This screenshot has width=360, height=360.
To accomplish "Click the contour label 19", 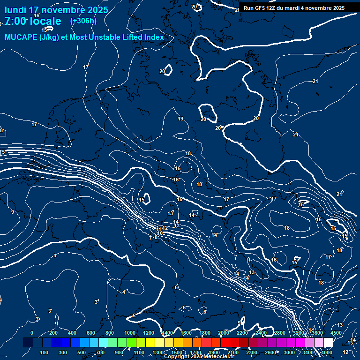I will [180, 119].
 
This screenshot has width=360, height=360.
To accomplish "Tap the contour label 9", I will [13, 212].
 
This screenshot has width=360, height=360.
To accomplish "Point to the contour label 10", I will [160, 233].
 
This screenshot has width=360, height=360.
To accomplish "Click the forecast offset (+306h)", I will [83, 21].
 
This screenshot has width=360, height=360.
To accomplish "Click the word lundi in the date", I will [15, 10].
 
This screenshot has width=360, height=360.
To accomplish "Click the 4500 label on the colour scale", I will [336, 333].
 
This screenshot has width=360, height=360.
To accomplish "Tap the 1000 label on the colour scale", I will [130, 333].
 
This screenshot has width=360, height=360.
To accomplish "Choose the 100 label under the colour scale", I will [44, 352].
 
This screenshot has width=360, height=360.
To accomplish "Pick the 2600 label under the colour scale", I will [270, 352].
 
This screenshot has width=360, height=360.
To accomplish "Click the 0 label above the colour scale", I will [32, 333].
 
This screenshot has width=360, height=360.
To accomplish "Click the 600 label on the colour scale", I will [91, 333].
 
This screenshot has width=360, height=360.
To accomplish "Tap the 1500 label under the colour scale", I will [177, 352].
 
